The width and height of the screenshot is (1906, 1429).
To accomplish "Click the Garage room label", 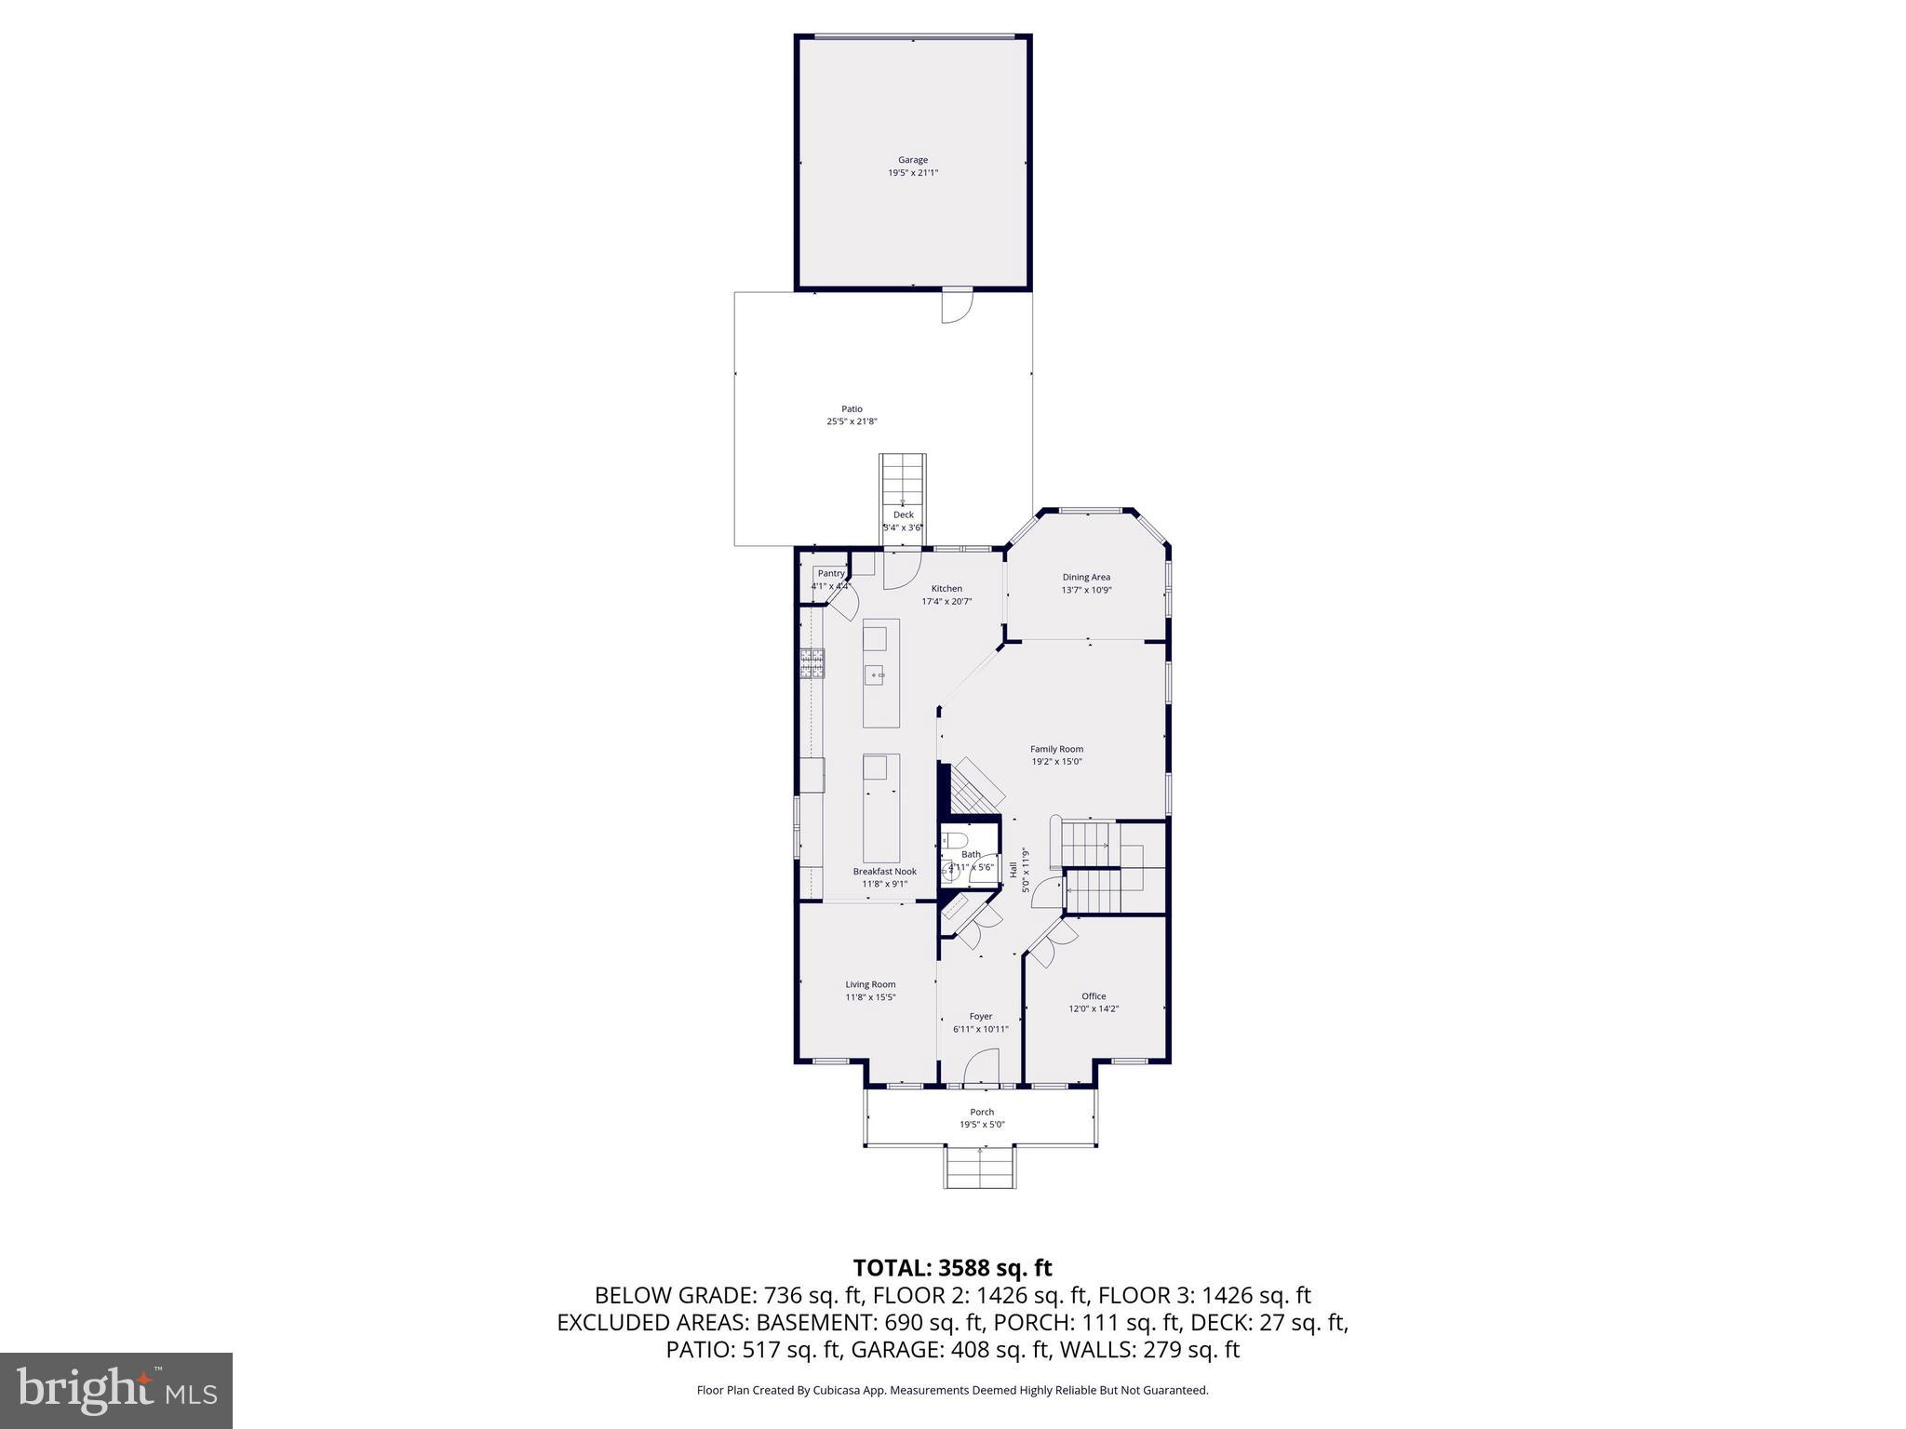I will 912,160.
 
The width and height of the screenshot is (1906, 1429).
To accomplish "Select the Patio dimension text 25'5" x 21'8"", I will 852,421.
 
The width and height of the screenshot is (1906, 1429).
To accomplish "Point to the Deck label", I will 903,514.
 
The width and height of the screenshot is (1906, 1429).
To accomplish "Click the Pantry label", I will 830,573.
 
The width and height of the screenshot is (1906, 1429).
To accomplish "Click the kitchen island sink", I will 875,674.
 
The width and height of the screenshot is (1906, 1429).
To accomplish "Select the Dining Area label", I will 1086,577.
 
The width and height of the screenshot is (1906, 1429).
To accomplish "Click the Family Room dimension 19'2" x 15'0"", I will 1056,761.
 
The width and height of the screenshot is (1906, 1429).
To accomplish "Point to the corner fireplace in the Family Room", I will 973,786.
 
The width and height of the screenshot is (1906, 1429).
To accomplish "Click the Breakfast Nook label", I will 884,872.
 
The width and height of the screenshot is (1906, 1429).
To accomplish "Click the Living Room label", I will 870,984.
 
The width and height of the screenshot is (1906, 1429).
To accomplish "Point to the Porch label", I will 982,1112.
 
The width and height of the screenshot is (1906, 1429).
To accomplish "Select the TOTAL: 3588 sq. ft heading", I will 952,1267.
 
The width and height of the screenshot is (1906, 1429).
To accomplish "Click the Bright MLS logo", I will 116,1390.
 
